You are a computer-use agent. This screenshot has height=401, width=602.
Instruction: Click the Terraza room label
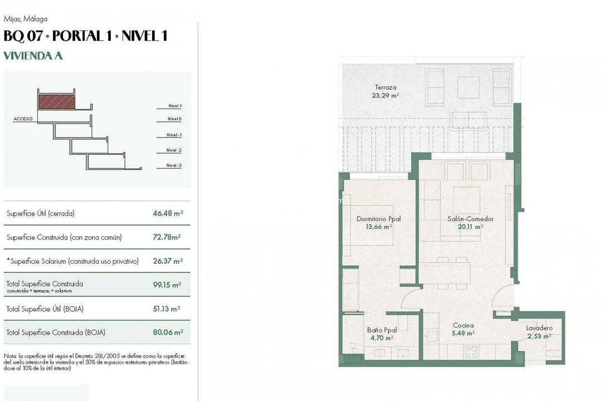[x=385, y=87]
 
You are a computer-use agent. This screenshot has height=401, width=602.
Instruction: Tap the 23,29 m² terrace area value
[x=385, y=95]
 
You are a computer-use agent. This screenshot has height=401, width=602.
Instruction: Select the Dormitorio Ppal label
[x=378, y=219]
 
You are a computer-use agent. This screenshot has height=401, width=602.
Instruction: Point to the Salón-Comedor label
[x=470, y=219]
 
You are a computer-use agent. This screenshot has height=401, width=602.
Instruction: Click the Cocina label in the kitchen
[x=463, y=325]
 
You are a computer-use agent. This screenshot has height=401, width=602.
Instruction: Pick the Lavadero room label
[x=539, y=328]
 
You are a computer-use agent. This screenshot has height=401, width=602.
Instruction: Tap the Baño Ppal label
[x=382, y=330]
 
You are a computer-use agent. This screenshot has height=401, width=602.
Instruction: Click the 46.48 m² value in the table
[x=168, y=213]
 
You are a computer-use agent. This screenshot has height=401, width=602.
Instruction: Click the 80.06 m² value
[x=168, y=332]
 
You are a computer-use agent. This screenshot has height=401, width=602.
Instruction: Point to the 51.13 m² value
[x=168, y=309]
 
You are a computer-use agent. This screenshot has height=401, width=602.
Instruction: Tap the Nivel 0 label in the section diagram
[x=174, y=119]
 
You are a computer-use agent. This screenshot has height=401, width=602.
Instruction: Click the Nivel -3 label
[x=174, y=165]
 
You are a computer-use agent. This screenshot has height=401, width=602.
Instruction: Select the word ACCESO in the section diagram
[x=23, y=119]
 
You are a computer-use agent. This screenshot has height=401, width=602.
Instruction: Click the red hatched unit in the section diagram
[x=56, y=101]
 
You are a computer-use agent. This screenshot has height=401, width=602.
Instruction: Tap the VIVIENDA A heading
[x=33, y=56]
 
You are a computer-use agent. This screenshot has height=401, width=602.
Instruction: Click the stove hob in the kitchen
[x=472, y=351]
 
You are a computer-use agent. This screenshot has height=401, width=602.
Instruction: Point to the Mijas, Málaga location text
[x=25, y=19]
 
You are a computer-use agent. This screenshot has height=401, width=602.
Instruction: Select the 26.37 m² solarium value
[x=168, y=261]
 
